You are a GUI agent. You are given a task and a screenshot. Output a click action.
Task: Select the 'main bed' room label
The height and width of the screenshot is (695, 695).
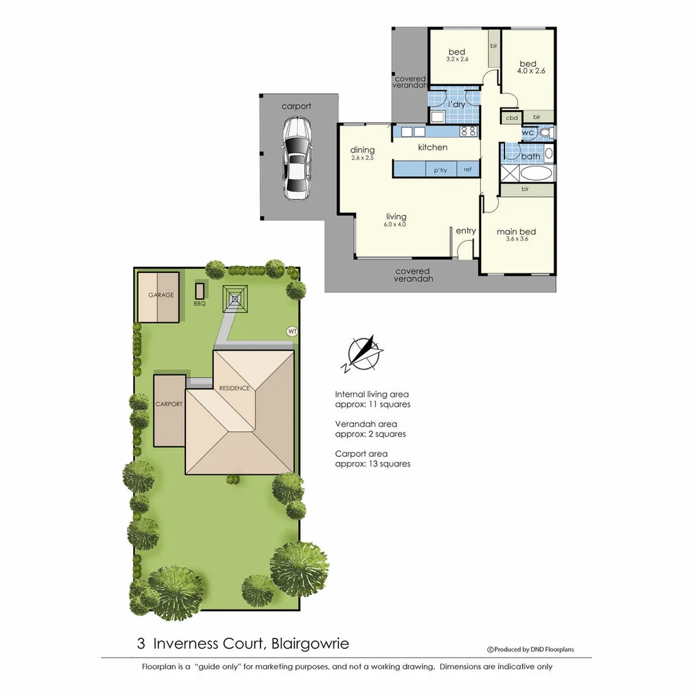tap(516, 232)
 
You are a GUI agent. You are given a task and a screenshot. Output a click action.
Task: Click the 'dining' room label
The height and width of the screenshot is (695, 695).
tap(362, 150)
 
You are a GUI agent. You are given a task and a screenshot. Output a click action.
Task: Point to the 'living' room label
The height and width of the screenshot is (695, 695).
tap(396, 217)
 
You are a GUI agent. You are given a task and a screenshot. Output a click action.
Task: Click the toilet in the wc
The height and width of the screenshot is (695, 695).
tap(546, 133)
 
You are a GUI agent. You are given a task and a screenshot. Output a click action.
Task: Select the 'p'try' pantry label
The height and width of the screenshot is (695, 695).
tap(440, 170)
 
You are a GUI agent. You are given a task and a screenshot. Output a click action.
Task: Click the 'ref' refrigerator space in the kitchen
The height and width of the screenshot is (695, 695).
tap(467, 170)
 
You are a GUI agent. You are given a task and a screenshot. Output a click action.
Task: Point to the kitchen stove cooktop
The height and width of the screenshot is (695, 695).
tap(468, 131)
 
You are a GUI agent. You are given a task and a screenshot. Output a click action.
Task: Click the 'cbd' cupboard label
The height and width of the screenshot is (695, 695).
tap(512, 118)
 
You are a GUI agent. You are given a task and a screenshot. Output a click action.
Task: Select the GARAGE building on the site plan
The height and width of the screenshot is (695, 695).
tap(159, 296)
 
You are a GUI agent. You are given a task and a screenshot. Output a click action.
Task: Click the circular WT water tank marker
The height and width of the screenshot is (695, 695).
tap(292, 331)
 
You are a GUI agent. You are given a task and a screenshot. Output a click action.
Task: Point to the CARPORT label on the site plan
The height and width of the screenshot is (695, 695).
tap(169, 404)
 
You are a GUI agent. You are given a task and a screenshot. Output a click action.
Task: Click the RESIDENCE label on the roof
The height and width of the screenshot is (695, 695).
tap(234, 388)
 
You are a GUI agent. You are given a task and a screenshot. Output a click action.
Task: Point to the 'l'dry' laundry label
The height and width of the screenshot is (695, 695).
tap(456, 104)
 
